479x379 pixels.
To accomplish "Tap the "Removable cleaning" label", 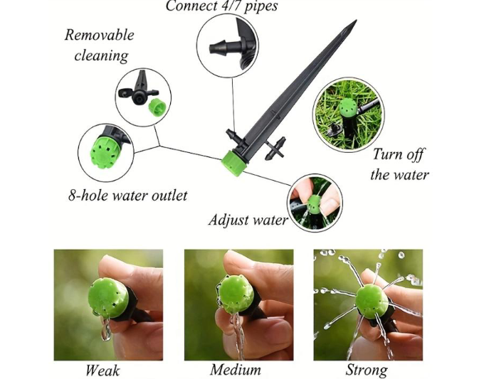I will (x=100, y=45).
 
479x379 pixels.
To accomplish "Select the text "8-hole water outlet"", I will (x=128, y=194).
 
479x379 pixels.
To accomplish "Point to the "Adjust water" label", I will (x=248, y=220).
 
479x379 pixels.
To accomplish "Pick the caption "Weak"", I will (x=102, y=370).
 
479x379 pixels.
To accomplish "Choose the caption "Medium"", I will (x=236, y=370).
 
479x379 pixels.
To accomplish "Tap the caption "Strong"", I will (x=367, y=370).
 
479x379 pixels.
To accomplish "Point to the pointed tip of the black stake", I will (x=353, y=23).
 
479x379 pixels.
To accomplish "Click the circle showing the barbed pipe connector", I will (x=228, y=48).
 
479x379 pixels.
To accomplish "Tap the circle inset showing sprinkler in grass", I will (x=349, y=114).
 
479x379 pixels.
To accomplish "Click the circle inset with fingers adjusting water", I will (x=315, y=203).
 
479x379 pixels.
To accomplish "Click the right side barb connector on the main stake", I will (x=278, y=151).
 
